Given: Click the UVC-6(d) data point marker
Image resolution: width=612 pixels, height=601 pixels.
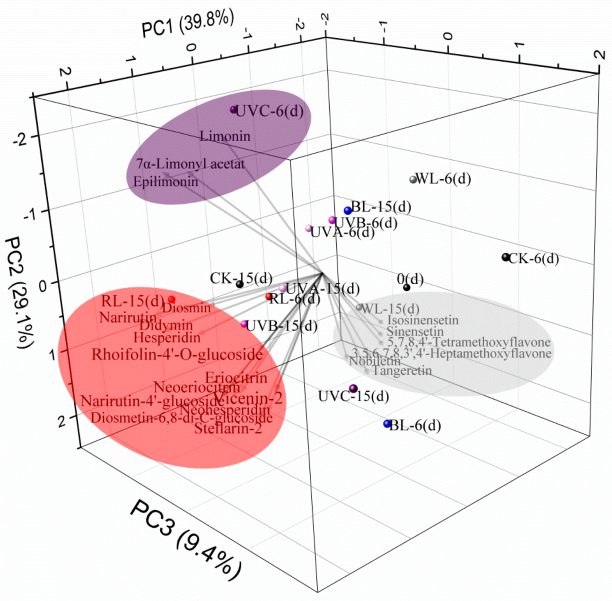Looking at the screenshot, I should pos(233,110).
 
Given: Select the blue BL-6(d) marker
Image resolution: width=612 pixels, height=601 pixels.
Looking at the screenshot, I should pos(387,424).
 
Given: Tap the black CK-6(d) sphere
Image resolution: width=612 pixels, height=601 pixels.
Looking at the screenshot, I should pos(506,257).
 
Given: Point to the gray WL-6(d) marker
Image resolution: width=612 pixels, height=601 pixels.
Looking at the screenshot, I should pos(413,179).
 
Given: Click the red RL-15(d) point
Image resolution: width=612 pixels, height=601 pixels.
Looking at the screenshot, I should pos(172,300).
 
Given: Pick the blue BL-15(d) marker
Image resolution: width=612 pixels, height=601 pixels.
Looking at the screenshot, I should pos(348,210).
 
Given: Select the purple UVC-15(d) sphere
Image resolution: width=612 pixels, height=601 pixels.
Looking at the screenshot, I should pos(353,389).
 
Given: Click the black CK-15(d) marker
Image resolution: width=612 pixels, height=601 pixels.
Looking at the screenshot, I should pos(240,284).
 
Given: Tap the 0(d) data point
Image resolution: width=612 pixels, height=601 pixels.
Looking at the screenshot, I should pos(407,287).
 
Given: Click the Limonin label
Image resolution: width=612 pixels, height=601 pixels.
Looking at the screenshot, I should pos(225,136).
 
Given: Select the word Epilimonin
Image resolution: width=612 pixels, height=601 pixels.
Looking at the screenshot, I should pos(166,182).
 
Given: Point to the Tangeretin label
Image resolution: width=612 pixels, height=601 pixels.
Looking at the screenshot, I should pos(402,370).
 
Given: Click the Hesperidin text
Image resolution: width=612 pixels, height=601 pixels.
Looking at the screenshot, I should pos(166,338).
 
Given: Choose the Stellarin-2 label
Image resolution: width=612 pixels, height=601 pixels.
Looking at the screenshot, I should pos(228,429).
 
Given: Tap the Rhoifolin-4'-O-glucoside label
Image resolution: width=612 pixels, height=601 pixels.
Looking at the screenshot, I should pos(177,354).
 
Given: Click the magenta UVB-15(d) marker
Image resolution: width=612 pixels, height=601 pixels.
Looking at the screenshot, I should pos(244,324).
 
